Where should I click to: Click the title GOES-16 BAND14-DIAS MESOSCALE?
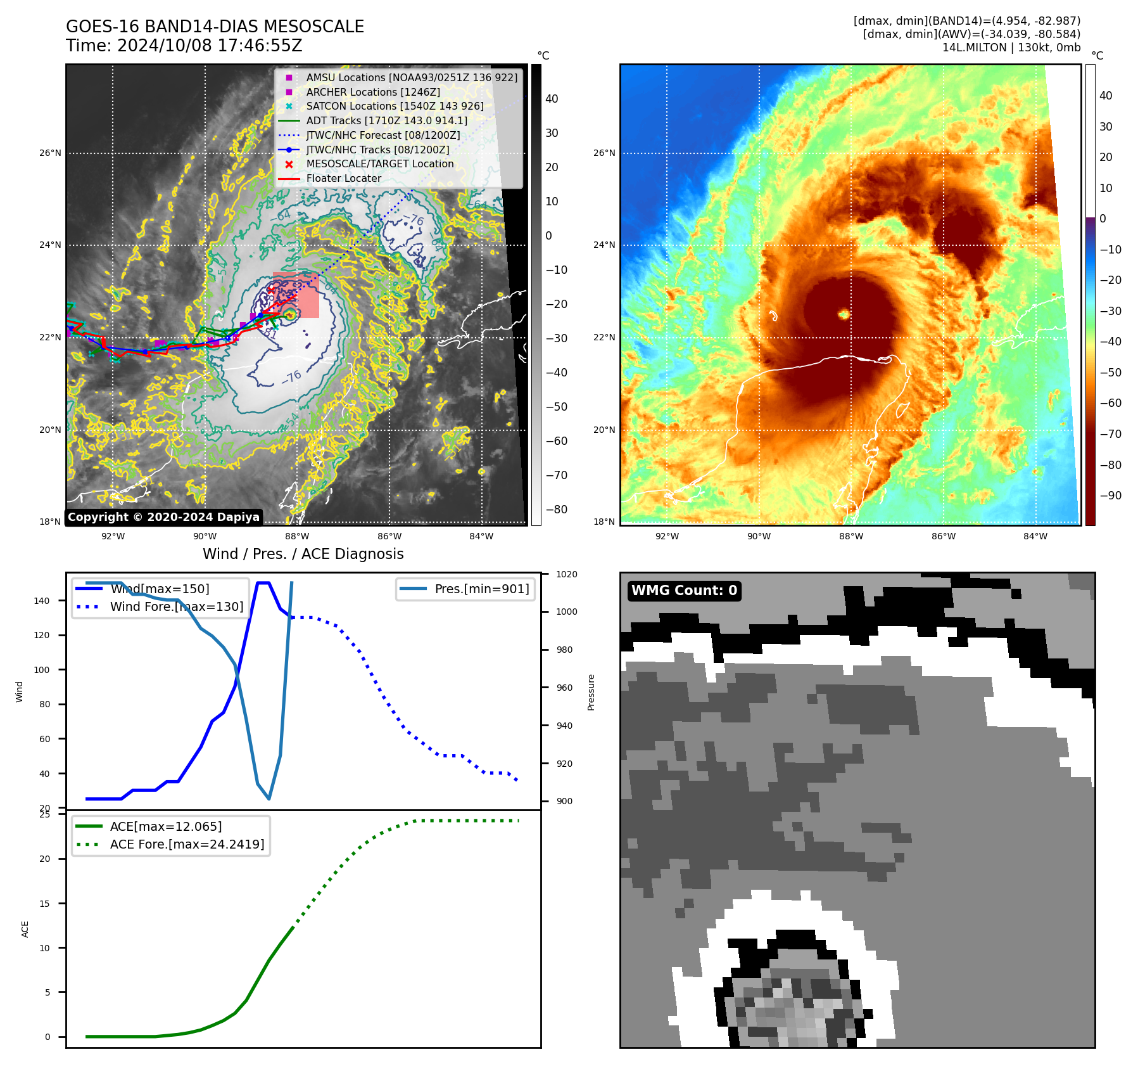215,27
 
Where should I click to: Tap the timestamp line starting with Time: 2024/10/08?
184,46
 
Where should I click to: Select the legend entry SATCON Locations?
395,106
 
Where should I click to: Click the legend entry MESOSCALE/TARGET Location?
379,164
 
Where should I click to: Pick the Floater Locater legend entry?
343,179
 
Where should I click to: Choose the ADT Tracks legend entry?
386,120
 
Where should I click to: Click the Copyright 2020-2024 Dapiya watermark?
163,517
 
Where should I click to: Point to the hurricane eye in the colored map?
844,314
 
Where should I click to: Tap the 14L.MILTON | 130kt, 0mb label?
1011,48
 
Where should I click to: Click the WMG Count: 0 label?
684,591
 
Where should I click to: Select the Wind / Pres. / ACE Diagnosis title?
303,554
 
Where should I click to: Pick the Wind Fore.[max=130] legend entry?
176,606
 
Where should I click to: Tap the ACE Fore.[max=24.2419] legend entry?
187,844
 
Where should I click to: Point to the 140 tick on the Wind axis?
42,601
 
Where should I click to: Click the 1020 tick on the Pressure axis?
567,575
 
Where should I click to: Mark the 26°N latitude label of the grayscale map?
51,153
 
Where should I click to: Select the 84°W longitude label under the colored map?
1035,537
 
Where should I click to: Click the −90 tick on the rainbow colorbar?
1110,496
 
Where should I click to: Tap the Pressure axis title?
591,692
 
